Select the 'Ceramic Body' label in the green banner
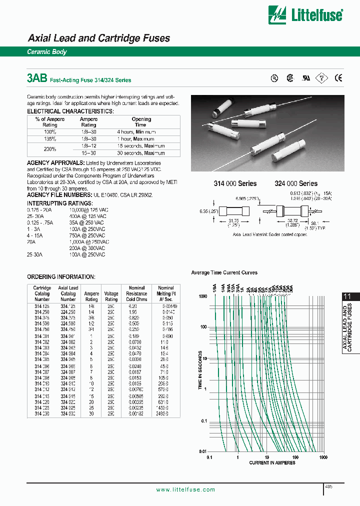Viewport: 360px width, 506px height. [46, 52]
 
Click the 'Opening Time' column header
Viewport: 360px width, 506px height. [141, 122]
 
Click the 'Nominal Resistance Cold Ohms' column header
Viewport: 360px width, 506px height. [136, 294]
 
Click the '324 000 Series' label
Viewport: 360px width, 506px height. [296, 183]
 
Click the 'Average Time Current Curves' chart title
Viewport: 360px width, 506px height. [224, 272]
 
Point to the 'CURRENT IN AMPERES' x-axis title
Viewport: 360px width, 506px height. [272, 462]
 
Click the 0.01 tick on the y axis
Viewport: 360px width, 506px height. [202, 451]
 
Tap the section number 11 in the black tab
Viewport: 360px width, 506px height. [347, 296]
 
